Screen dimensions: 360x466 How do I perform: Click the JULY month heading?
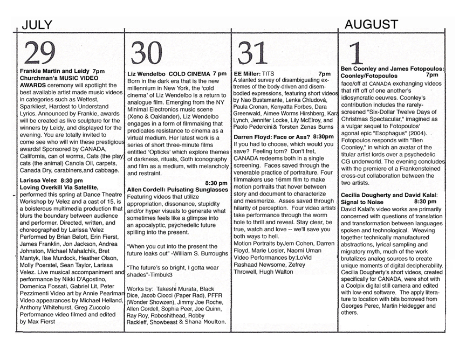click(37, 24)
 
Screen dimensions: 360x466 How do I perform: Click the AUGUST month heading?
click(371, 24)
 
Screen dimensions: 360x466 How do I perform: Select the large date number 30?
click(147, 53)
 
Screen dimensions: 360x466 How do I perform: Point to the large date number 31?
click(253, 52)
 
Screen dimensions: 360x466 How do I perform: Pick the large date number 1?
click(357, 54)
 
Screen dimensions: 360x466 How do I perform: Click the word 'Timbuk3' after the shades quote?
click(179, 274)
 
